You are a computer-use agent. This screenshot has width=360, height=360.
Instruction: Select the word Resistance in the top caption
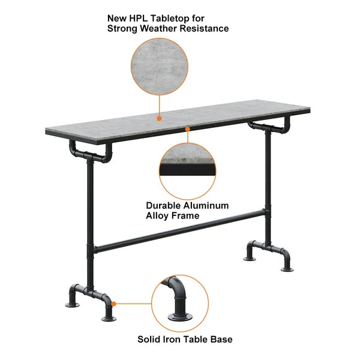(207, 28)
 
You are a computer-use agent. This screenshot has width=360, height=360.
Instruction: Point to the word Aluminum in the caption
(208, 205)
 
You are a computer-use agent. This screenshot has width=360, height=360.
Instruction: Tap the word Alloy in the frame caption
(158, 215)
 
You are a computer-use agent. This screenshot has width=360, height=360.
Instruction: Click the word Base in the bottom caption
(221, 340)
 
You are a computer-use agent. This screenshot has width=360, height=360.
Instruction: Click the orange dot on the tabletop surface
(159, 118)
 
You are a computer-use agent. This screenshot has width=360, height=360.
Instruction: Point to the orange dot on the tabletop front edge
(188, 128)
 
